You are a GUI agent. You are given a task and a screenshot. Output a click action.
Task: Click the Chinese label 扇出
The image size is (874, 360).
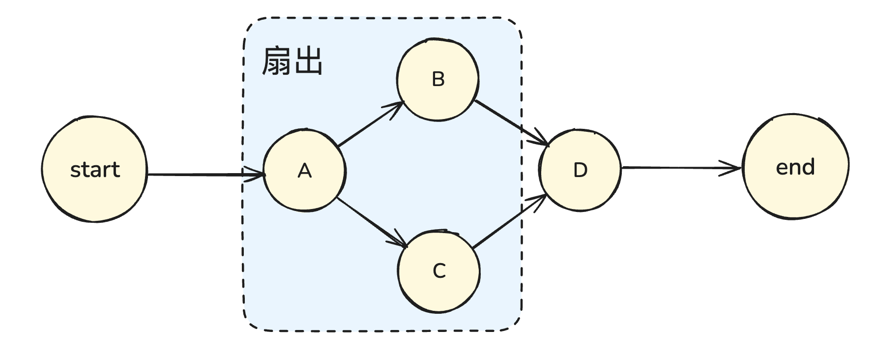click(292, 61)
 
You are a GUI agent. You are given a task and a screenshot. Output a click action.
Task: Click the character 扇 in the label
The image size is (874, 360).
click(276, 61)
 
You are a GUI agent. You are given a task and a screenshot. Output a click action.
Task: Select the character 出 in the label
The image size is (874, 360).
click(308, 61)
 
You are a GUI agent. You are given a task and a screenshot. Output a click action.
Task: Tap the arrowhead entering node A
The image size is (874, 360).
click(258, 174)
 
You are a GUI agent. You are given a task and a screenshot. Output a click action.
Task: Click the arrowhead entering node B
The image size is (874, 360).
click(397, 107)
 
